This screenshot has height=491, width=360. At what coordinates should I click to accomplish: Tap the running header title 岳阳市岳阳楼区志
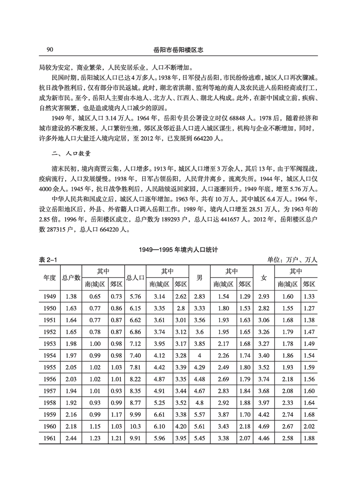tap(180, 49)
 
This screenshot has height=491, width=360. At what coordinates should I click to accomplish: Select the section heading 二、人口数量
tap(72, 154)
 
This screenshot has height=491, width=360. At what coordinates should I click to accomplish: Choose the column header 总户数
tap(71, 277)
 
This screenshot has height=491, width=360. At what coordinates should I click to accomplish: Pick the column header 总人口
tap(135, 277)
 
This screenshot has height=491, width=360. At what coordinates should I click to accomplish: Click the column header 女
tap(264, 277)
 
